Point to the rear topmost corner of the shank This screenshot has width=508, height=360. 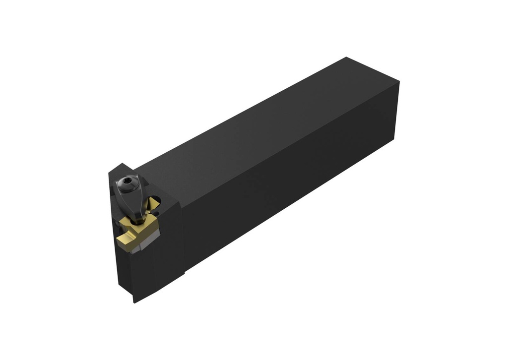(346, 58)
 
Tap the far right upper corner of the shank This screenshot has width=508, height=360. (399, 82)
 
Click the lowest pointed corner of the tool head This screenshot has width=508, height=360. (134, 302)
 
